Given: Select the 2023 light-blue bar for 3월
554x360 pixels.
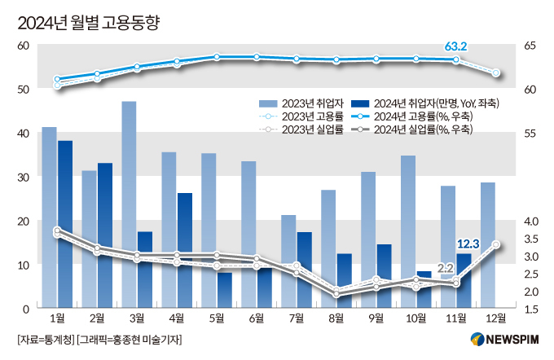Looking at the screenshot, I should pyautogui.click(x=129, y=204).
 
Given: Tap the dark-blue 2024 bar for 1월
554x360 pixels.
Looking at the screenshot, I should pyautogui.click(x=65, y=224).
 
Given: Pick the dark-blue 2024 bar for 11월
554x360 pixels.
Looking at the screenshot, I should pyautogui.click(x=464, y=280).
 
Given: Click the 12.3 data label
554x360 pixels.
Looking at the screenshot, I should pyautogui.click(x=468, y=244).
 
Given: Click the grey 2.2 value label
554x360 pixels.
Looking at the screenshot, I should pyautogui.click(x=446, y=267).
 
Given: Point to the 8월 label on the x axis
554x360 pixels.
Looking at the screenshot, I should pyautogui.click(x=336, y=318).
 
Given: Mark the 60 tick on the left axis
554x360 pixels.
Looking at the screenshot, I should pyautogui.click(x=24, y=46).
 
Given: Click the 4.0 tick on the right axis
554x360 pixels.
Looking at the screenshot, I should pyautogui.click(x=531, y=221).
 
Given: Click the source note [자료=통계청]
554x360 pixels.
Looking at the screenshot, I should pyautogui.click(x=46, y=340).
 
